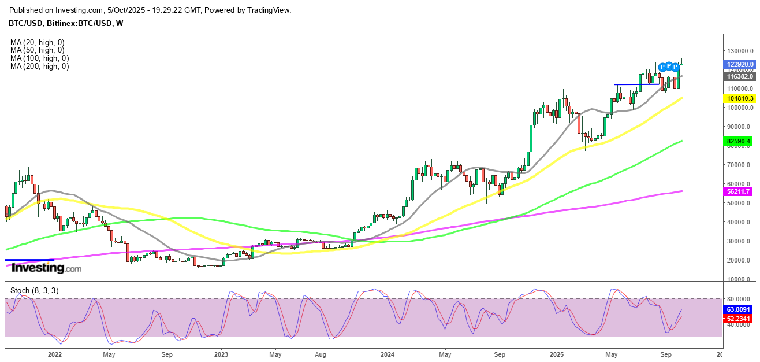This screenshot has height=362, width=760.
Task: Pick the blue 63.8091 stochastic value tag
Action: [x=737, y=310]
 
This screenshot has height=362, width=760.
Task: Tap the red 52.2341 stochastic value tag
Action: [x=737, y=317]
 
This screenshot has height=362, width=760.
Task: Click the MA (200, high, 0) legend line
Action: [x=39, y=67]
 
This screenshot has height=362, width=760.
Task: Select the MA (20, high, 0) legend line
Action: [x=37, y=42]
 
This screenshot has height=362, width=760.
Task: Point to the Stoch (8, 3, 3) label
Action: [x=34, y=290]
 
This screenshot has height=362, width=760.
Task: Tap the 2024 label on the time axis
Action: [x=388, y=354]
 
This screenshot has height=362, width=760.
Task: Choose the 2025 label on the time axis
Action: [x=557, y=354]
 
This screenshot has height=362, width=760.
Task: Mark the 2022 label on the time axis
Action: [x=55, y=354]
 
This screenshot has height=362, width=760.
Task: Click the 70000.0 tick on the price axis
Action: [x=738, y=165]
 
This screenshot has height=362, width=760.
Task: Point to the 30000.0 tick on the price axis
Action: [x=738, y=241]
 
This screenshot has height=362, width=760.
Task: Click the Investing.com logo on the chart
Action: [x=46, y=268]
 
